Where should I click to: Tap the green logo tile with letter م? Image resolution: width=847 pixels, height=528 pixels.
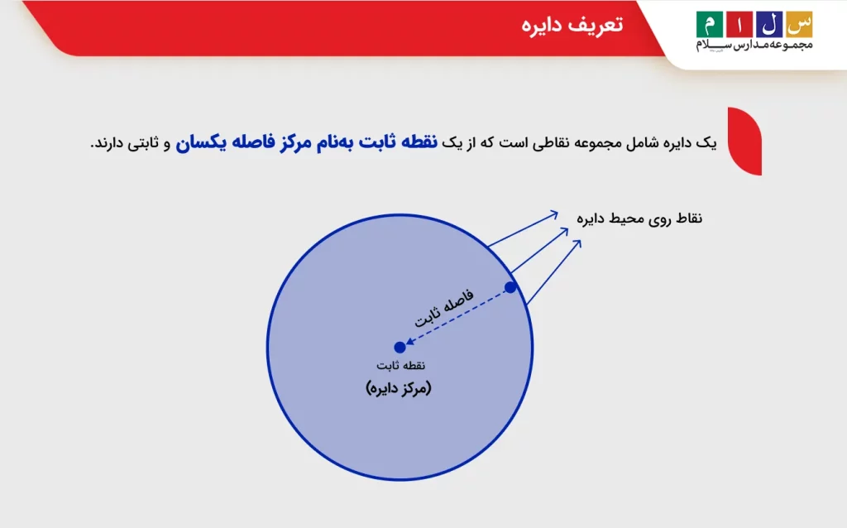(709, 24)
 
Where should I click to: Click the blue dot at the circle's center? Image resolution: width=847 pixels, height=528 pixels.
(400, 348)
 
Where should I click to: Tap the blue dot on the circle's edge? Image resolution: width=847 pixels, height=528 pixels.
(510, 287)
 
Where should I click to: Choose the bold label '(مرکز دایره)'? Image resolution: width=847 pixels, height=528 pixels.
(399, 387)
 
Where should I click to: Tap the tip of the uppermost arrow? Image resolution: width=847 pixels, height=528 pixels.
(559, 213)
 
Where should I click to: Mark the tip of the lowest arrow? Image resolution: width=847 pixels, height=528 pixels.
(580, 241)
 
